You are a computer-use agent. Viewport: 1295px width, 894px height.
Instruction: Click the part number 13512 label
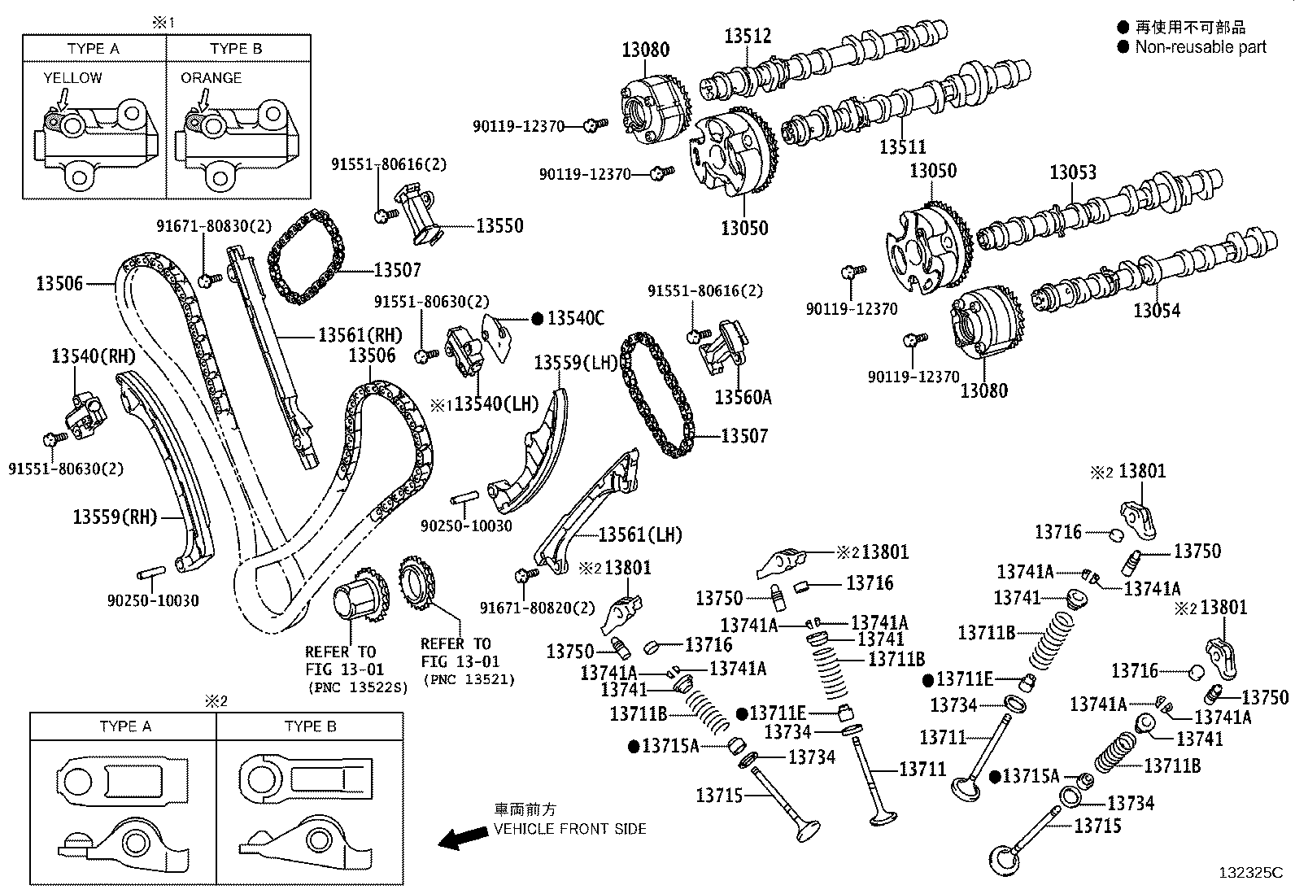point(748,35)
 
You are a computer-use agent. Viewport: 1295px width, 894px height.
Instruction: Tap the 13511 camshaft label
point(902,147)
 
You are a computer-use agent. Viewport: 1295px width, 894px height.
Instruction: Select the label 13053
point(1072,172)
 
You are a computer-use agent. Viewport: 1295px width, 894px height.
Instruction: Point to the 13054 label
point(1156,310)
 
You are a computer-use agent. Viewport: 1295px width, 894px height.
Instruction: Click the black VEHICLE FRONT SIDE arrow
point(458,839)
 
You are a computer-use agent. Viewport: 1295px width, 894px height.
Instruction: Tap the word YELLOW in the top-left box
point(72,78)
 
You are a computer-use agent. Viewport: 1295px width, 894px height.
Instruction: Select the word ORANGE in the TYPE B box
point(211,78)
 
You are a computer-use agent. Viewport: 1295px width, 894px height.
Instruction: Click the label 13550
point(499,225)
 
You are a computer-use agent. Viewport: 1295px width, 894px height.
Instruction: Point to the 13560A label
point(743,397)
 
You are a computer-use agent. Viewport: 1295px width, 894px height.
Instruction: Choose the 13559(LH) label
point(576,362)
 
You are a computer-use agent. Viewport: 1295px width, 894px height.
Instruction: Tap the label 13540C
point(575,318)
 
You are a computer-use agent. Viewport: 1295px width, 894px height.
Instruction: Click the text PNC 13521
point(469,679)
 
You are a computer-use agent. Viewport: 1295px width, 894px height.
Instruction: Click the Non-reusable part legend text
point(1200,47)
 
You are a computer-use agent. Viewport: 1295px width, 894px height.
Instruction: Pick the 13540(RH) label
point(93,355)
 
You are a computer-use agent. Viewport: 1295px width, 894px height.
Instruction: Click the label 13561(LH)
point(639,534)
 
